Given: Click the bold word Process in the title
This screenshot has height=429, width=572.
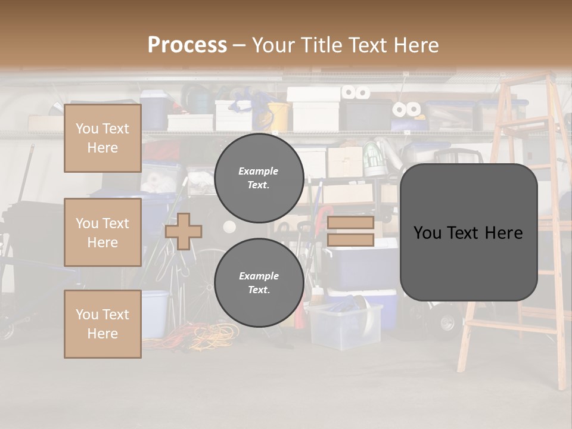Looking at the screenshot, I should pyautogui.click(x=187, y=45).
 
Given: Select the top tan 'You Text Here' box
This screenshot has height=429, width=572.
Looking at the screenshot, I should pyautogui.click(x=102, y=138).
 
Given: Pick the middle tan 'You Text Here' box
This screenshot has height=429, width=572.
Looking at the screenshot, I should pyautogui.click(x=102, y=232).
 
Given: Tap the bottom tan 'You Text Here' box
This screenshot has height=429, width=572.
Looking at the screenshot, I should pyautogui.click(x=102, y=324).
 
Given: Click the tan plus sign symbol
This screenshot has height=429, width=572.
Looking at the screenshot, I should pyautogui.click(x=184, y=231).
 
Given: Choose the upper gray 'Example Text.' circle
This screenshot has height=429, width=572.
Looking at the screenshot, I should pyautogui.click(x=259, y=178).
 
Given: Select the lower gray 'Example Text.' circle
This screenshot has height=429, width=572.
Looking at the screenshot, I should pyautogui.click(x=259, y=282).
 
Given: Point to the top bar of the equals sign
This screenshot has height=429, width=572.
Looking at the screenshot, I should pyautogui.click(x=350, y=223).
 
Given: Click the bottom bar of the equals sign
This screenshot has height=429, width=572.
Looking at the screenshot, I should pyautogui.click(x=350, y=240).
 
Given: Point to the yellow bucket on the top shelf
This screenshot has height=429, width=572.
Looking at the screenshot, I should pyautogui.click(x=278, y=116).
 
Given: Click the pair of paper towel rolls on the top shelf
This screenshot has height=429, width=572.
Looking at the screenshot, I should pyautogui.click(x=356, y=92).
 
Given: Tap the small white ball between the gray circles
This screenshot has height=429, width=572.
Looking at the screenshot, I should pyautogui.click(x=229, y=226).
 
